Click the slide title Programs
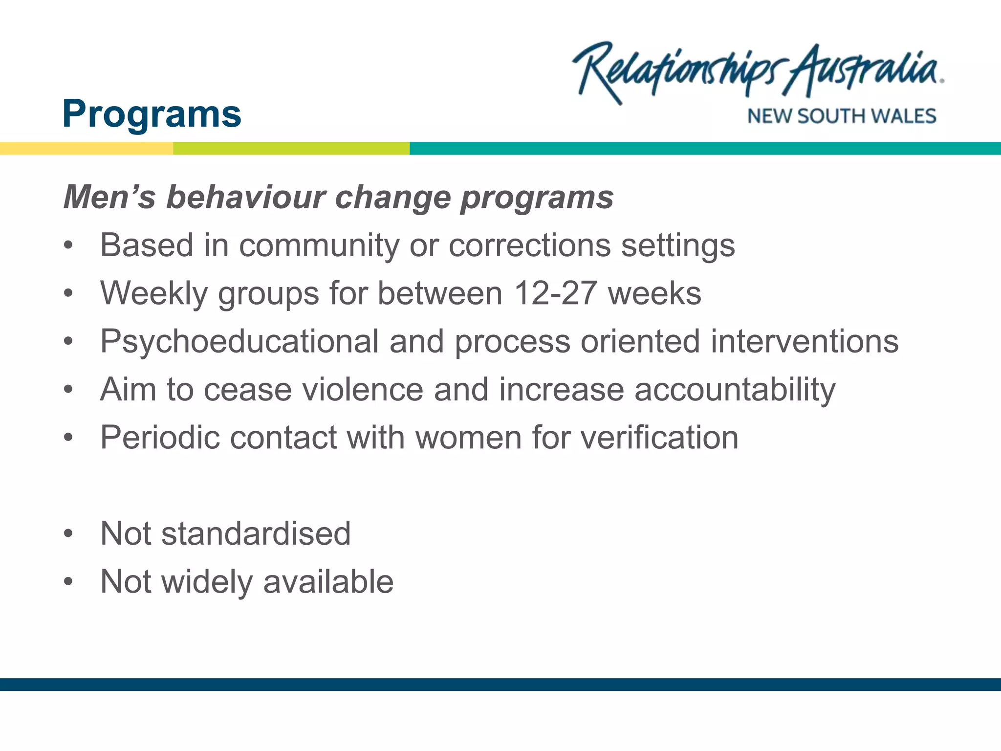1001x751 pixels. pyautogui.click(x=152, y=114)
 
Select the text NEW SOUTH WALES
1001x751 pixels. pyautogui.click(x=841, y=116)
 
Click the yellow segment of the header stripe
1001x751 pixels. pyautogui.click(x=87, y=148)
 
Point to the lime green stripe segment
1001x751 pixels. pyautogui.click(x=291, y=148)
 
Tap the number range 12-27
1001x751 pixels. pyautogui.click(x=555, y=293)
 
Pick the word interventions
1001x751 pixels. pyautogui.click(x=804, y=341)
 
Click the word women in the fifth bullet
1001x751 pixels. pyautogui.click(x=468, y=437)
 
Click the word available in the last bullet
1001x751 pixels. pyautogui.click(x=328, y=582)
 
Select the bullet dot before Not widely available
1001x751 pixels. pyautogui.click(x=68, y=582)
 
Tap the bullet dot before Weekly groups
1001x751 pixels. pyautogui.click(x=68, y=293)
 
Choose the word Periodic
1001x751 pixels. pyautogui.click(x=159, y=437)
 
